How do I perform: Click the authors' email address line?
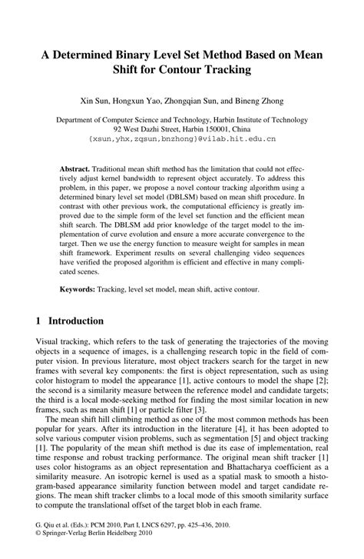[x=181, y=140]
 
